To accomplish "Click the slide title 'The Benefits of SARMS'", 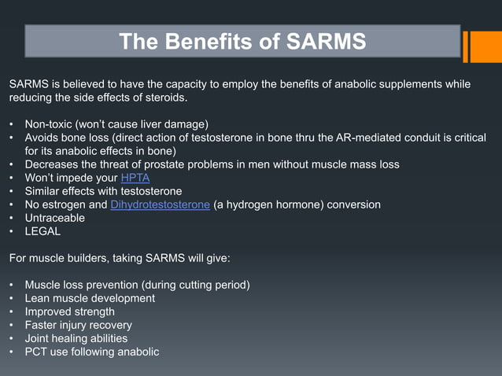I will [242, 42].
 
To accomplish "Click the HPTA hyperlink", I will [135, 178].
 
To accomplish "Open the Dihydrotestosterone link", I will [161, 205].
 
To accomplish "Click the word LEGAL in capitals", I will [42, 231].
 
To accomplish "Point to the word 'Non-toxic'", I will [50, 124].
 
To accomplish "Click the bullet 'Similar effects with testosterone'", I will [103, 191].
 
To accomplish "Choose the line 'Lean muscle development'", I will [90, 298].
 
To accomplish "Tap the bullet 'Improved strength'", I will [69, 311].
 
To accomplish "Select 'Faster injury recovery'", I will [78, 325].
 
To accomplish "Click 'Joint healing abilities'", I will [76, 338].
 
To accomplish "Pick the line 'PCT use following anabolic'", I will [91, 352].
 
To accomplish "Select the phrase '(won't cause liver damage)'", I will [143, 124].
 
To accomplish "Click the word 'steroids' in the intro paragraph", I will [164, 98].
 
